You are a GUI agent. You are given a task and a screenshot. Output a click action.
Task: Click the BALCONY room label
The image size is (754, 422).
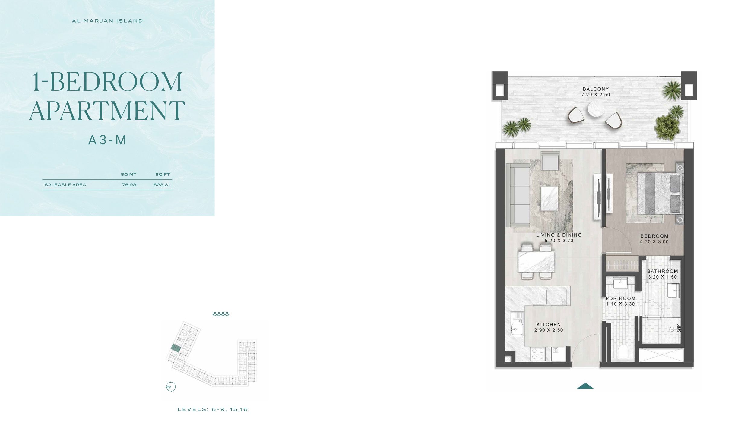[596, 89]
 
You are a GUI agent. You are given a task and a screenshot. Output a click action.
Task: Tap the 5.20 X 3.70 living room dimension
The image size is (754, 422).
[559, 241]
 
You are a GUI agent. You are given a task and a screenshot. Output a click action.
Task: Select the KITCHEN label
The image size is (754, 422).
[549, 325]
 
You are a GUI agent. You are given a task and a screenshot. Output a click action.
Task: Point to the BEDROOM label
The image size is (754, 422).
[654, 236]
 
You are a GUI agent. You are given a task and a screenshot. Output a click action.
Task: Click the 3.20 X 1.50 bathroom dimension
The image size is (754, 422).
[663, 277]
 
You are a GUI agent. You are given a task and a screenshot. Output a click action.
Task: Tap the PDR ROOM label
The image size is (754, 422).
[621, 298]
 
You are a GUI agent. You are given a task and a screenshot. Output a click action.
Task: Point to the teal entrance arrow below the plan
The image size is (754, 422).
[585, 386]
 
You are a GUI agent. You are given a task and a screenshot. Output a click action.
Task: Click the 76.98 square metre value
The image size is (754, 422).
[129, 185]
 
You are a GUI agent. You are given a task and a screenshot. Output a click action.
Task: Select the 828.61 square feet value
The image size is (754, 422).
[162, 185]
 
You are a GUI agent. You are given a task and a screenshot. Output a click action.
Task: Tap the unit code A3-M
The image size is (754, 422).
[107, 140]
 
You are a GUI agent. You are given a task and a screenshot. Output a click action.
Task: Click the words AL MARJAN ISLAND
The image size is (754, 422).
[107, 21]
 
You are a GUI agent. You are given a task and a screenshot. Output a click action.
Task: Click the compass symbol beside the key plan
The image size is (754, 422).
[171, 386]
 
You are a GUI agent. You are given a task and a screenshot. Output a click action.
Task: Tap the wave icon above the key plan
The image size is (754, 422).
[221, 314]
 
